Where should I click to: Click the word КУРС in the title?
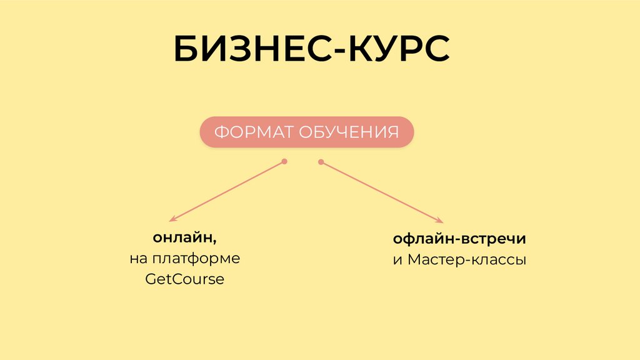tap(397, 50)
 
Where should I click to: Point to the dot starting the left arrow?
tap(284, 162)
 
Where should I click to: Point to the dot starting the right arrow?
tap(321, 162)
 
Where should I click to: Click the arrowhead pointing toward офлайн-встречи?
tap(441, 221)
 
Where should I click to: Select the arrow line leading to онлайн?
tap(228, 191)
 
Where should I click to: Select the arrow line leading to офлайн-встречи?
tap(381, 191)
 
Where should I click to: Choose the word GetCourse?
tap(184, 279)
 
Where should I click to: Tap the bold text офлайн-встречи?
tap(459, 239)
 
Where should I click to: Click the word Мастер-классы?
tap(467, 259)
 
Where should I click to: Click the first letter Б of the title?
tap(186, 50)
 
